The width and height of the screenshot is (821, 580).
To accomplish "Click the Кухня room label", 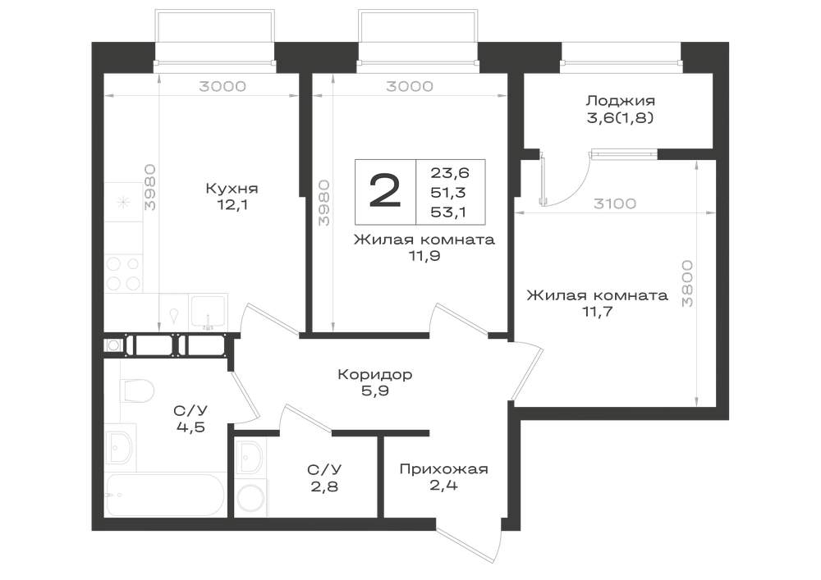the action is click(232, 188).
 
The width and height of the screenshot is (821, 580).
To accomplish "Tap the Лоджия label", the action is click(620, 100).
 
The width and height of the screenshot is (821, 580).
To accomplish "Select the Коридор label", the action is click(374, 374).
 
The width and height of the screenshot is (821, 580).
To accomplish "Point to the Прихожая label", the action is click(443, 469).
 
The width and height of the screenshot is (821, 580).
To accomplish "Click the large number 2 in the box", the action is click(385, 191).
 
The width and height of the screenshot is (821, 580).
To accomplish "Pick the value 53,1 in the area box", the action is click(449, 212).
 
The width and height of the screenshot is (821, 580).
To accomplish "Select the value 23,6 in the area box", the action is click(450, 172).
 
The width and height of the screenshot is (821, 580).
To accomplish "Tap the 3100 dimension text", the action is click(615, 203).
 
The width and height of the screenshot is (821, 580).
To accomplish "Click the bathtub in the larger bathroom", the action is click(166, 495).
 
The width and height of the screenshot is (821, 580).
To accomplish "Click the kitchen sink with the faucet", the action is click(209, 313).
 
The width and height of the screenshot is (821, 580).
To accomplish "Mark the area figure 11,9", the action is click(424, 256).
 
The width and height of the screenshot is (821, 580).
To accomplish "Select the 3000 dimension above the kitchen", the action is click(222, 86).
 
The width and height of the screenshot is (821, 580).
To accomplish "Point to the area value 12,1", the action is click(232, 204).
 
